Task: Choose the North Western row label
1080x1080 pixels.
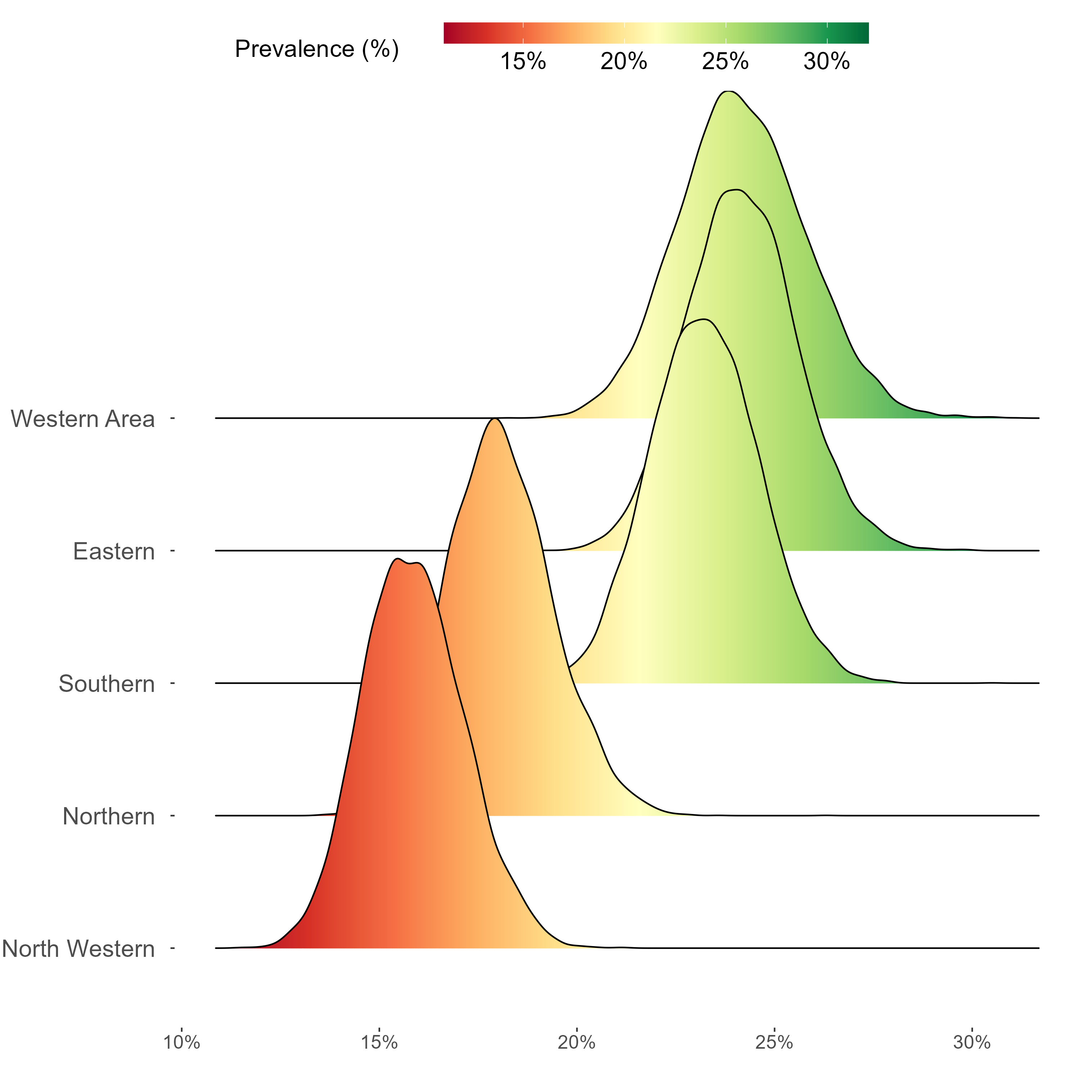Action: coord(78,949)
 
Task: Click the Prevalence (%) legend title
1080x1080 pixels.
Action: coord(316,49)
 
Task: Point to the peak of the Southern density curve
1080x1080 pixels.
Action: coord(706,319)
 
